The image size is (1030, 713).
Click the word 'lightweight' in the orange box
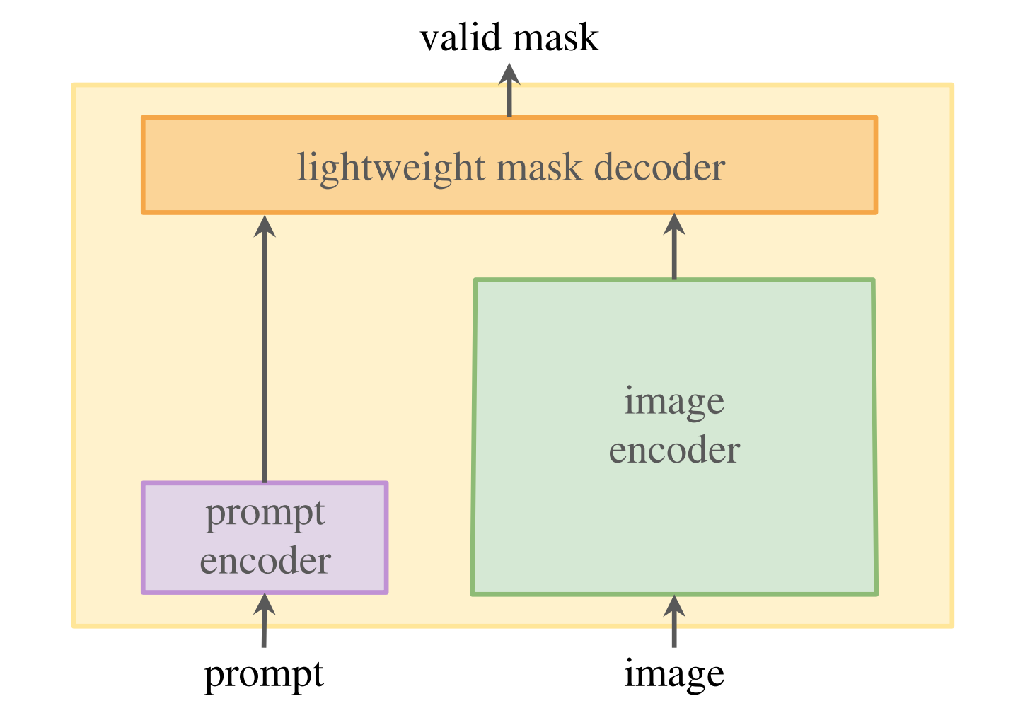tap(390, 168)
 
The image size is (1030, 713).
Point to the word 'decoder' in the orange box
tap(659, 168)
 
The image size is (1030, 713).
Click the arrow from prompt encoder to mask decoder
tap(265, 354)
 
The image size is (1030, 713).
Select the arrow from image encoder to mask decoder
tap(674, 248)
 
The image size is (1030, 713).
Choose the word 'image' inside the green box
tap(674, 402)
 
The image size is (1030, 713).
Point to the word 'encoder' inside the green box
tap(674, 450)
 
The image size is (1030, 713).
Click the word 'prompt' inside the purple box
tap(265, 514)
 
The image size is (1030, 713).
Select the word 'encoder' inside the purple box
tap(265, 561)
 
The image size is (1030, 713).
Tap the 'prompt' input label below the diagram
tap(264, 674)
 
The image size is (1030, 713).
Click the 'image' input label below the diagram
tap(674, 673)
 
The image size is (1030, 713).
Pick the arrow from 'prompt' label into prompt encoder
tap(264, 626)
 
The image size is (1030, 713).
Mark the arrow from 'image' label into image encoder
tap(674, 626)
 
